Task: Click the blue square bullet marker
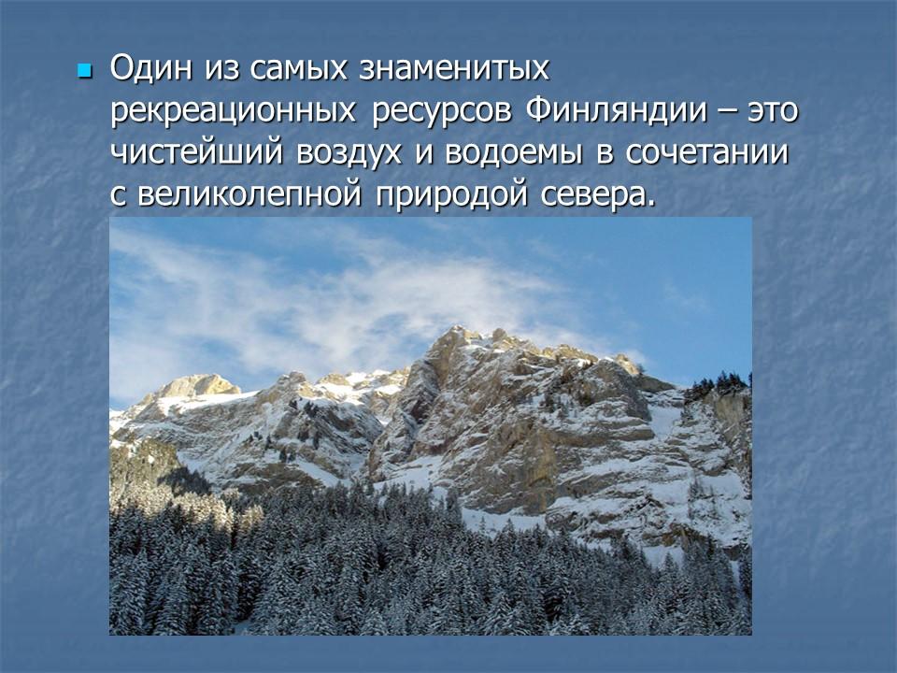tap(85, 71)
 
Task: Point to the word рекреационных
tap(234, 112)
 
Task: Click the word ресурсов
tap(442, 112)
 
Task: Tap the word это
tap(773, 112)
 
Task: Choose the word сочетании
tap(718, 153)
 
